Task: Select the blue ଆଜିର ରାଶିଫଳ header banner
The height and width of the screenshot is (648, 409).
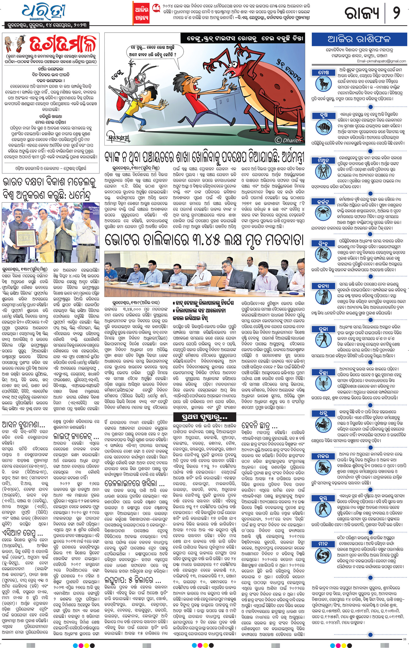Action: tap(359, 39)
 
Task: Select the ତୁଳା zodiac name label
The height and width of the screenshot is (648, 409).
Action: tap(323, 329)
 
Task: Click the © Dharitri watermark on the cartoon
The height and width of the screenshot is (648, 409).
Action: tap(288, 140)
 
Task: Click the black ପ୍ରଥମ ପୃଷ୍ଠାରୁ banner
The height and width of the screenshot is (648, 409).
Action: tap(201, 417)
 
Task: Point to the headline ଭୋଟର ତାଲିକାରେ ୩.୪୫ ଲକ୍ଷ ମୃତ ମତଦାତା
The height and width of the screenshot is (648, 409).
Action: tap(204, 240)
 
